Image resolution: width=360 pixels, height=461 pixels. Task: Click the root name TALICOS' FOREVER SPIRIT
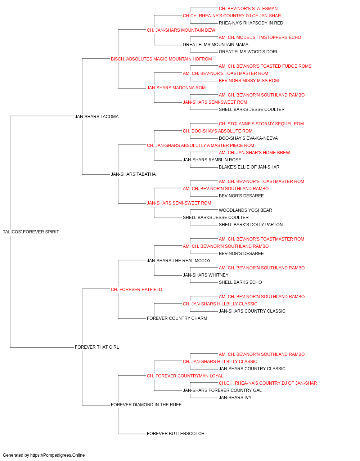pyautogui.click(x=31, y=232)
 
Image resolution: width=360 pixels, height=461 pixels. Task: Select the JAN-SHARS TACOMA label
pyautogui.click(x=97, y=117)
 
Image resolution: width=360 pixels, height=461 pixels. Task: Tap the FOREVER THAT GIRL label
pyautogui.click(x=97, y=347)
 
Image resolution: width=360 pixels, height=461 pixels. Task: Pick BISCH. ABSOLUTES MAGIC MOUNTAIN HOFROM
pyautogui.click(x=161, y=59)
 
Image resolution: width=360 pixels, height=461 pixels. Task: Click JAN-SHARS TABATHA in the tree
pyautogui.click(x=133, y=174)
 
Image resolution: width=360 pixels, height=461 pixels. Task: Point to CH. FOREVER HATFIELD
pyautogui.click(x=136, y=289)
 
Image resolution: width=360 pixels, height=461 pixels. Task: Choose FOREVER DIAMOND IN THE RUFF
pyautogui.click(x=146, y=404)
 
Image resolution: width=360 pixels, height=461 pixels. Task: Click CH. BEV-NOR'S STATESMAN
pyautogui.click(x=248, y=9)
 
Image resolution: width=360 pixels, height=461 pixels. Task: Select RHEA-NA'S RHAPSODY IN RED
pyautogui.click(x=251, y=23)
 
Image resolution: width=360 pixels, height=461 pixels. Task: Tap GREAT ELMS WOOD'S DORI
pyautogui.click(x=248, y=52)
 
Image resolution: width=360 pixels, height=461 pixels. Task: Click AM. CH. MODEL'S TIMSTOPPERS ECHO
pyautogui.click(x=260, y=37)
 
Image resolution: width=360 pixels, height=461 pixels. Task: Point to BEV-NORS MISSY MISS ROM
pyautogui.click(x=249, y=81)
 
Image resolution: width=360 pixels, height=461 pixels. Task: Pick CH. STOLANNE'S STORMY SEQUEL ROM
pyautogui.click(x=261, y=124)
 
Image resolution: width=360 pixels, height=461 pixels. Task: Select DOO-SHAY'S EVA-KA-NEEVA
pyautogui.click(x=248, y=138)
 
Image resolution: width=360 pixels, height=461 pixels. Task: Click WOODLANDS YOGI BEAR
pyautogui.click(x=246, y=210)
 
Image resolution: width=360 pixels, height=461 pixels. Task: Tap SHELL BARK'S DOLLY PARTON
pyautogui.click(x=251, y=225)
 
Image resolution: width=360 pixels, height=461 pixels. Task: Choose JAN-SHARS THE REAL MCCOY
pyautogui.click(x=179, y=261)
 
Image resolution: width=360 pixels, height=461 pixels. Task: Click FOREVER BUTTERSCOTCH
pyautogui.click(x=176, y=433)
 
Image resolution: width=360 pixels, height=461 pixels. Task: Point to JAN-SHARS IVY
pyautogui.click(x=235, y=398)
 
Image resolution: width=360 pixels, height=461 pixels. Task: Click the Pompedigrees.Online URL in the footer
pyautogui.click(x=58, y=455)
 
